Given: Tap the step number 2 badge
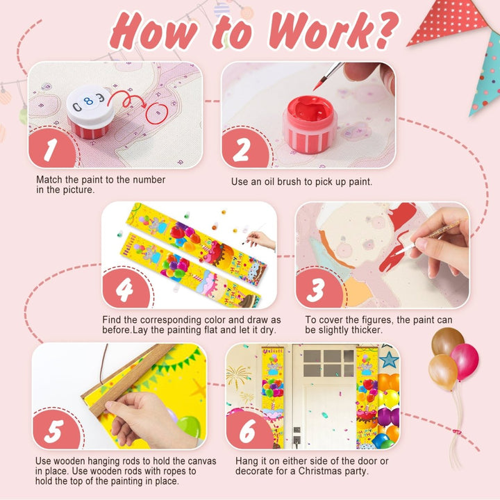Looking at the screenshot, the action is coord(244,149).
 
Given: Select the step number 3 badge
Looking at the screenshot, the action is coord(318,289).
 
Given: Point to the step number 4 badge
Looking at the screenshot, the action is coord(125,289).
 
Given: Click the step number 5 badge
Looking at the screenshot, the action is coord(56,430).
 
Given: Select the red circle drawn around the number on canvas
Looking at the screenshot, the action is coord(157,113).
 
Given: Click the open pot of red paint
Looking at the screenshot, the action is coord(310,124).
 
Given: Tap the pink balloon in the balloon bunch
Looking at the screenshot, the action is coord(465,362).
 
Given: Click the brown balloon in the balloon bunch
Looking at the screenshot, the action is coord(447,342).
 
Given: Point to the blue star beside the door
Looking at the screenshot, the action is coord(389,360).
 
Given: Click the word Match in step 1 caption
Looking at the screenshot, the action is coord(49,180).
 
